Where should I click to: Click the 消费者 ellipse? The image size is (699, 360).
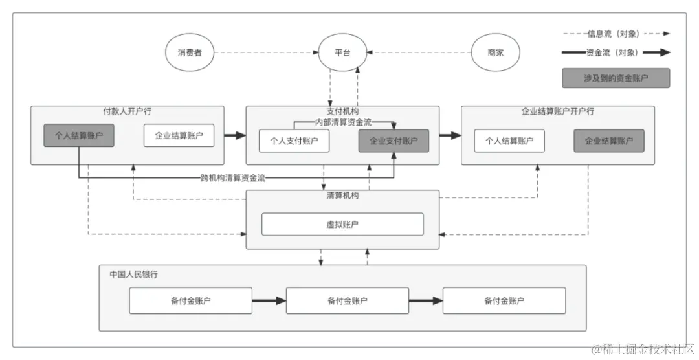189,52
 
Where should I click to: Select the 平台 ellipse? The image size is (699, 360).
342,52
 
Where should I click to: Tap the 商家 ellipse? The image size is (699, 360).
495,52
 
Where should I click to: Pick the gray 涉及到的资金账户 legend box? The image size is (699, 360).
616,78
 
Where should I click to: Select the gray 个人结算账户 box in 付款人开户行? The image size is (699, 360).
79,136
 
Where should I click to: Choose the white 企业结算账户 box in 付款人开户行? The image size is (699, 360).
179,136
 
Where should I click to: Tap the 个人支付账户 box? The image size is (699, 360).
294,141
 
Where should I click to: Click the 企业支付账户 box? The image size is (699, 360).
394,141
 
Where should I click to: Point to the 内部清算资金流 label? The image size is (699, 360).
343,122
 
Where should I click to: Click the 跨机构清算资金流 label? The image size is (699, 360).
233,178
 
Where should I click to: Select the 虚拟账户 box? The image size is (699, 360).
342,224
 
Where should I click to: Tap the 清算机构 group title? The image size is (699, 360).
342,196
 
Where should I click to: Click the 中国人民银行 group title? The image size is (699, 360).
133,274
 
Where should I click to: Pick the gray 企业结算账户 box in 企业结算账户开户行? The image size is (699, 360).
608,141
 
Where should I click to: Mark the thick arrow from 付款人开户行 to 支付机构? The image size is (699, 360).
235,135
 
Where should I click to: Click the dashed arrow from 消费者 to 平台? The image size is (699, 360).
265,52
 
